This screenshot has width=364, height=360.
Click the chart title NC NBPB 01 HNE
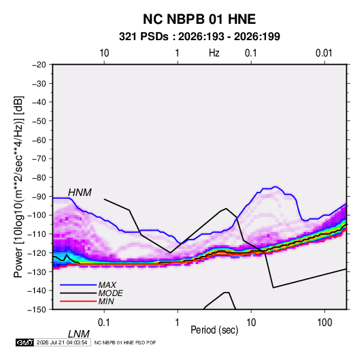(199, 19)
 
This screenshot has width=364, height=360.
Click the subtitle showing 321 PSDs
(199, 37)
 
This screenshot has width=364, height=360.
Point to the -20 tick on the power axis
(39, 65)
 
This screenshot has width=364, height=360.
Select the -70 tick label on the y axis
(39, 159)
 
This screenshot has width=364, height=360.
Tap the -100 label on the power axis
(37, 215)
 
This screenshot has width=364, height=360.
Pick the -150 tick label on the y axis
(37, 310)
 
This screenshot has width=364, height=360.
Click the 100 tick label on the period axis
(325, 323)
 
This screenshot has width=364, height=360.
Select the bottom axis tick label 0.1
(103, 323)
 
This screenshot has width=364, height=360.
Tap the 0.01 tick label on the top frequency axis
(324, 53)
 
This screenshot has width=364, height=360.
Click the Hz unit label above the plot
(214, 53)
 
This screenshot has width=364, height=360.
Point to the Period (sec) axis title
(214, 330)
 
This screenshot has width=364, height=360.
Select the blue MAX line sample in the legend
(78, 285)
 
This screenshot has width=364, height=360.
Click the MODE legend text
(110, 293)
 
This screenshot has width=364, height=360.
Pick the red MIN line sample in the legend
(78, 301)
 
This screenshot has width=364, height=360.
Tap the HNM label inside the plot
(80, 193)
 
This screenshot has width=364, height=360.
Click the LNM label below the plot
(79, 334)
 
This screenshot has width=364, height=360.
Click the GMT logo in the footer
(25, 342)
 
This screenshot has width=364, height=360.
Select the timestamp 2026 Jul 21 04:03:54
(62, 342)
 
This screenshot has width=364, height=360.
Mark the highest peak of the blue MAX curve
(276, 186)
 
